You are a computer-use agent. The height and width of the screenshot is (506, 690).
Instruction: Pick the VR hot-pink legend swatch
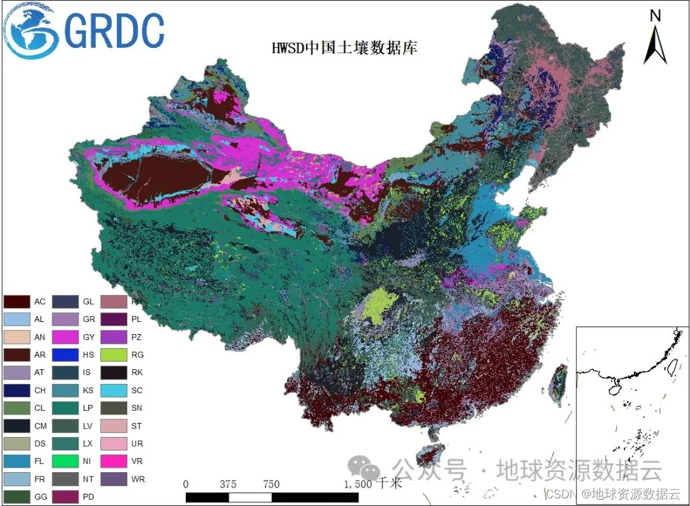(x=116, y=461)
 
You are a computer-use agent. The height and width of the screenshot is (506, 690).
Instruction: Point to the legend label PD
(x=89, y=496)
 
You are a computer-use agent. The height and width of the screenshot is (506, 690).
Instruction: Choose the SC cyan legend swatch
(x=116, y=390)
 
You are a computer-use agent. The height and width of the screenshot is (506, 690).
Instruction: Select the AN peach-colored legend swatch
(x=18, y=336)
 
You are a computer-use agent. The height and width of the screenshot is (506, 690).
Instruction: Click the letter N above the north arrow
(x=655, y=15)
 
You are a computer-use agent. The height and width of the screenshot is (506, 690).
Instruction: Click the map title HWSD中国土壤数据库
(x=344, y=47)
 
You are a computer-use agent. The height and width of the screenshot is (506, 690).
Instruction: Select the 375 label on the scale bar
(x=228, y=484)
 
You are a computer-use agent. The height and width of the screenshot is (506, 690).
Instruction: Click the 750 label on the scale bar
(x=271, y=484)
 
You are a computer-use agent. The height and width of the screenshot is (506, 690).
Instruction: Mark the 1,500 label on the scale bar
(x=357, y=484)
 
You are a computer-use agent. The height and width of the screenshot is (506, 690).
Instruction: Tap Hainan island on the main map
(x=429, y=455)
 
